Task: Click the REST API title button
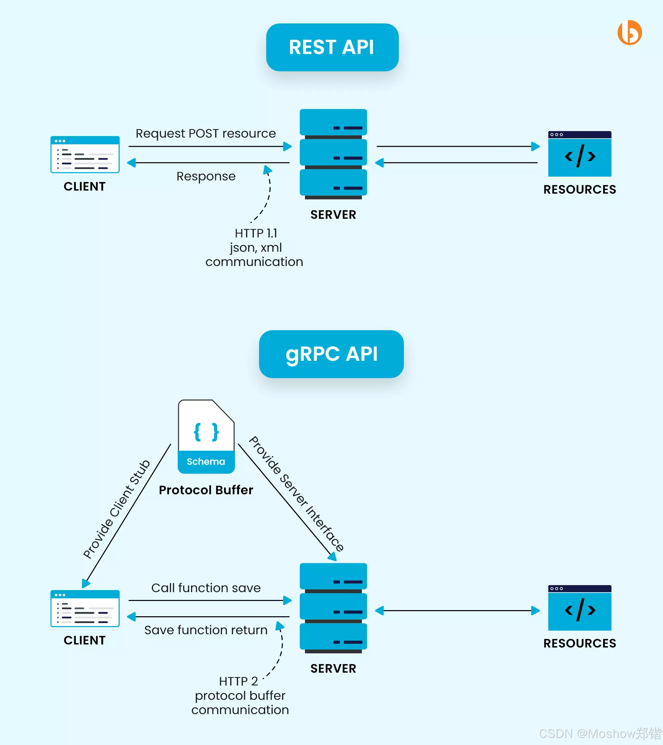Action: pyautogui.click(x=332, y=47)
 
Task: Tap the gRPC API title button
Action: pyautogui.click(x=331, y=354)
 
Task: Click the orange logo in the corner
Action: pyautogui.click(x=629, y=33)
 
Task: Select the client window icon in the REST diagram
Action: pyautogui.click(x=85, y=155)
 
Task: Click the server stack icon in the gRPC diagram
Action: pyautogui.click(x=333, y=608)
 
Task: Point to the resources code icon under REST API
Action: pyautogui.click(x=579, y=154)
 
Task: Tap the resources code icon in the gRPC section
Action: pyautogui.click(x=579, y=608)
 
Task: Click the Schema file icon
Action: pyautogui.click(x=206, y=437)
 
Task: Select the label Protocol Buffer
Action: pyautogui.click(x=206, y=490)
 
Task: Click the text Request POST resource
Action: pyautogui.click(x=206, y=134)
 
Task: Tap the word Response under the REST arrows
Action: pyautogui.click(x=206, y=176)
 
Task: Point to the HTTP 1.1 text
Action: pyautogui.click(x=256, y=233)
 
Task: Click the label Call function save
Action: pyautogui.click(x=206, y=588)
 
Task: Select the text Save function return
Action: pyautogui.click(x=206, y=630)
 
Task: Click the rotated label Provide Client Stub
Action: pyautogui.click(x=116, y=510)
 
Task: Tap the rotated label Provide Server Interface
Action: pyautogui.click(x=296, y=494)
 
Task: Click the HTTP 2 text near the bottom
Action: pyautogui.click(x=238, y=681)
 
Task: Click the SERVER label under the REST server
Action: pyautogui.click(x=333, y=215)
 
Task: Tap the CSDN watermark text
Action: pyautogui.click(x=600, y=733)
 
